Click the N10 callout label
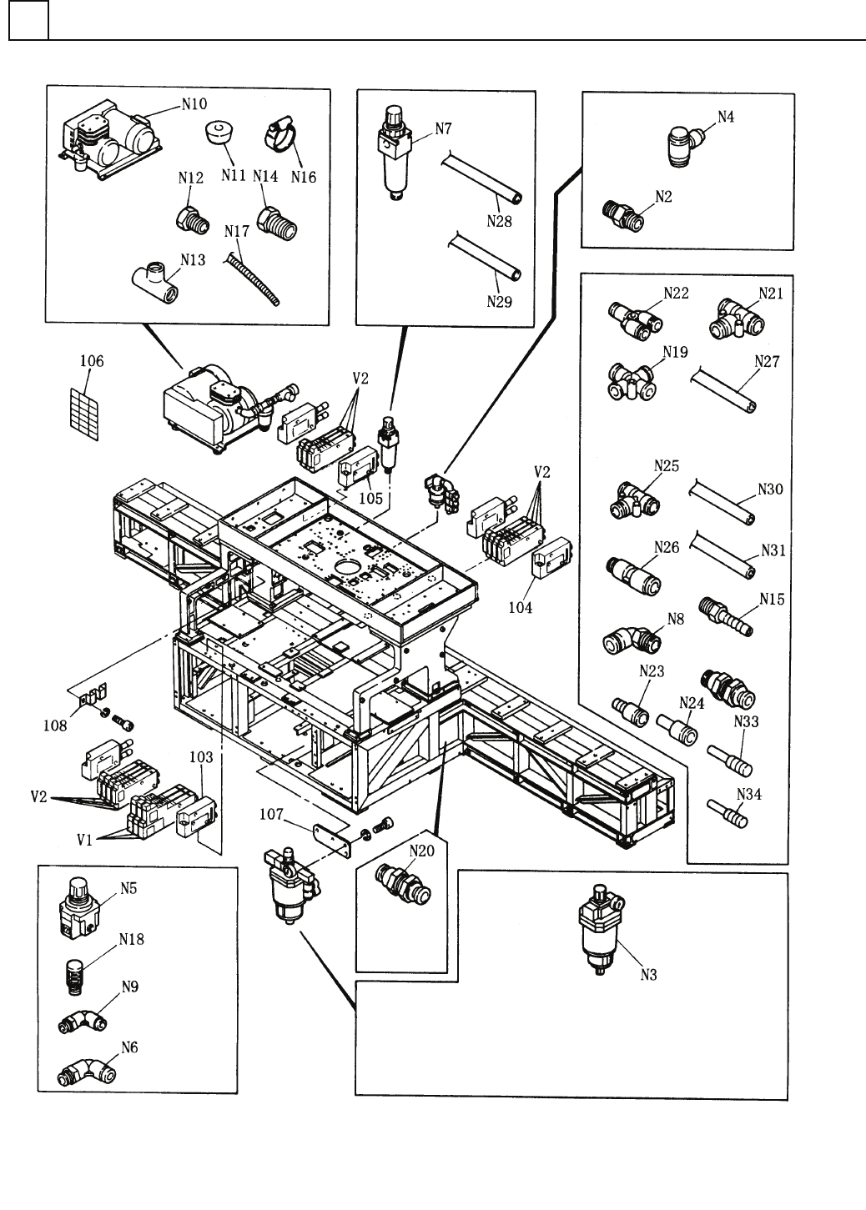tap(195, 105)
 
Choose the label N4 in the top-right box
tap(726, 117)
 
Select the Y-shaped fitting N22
tap(633, 319)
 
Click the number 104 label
tap(521, 608)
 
